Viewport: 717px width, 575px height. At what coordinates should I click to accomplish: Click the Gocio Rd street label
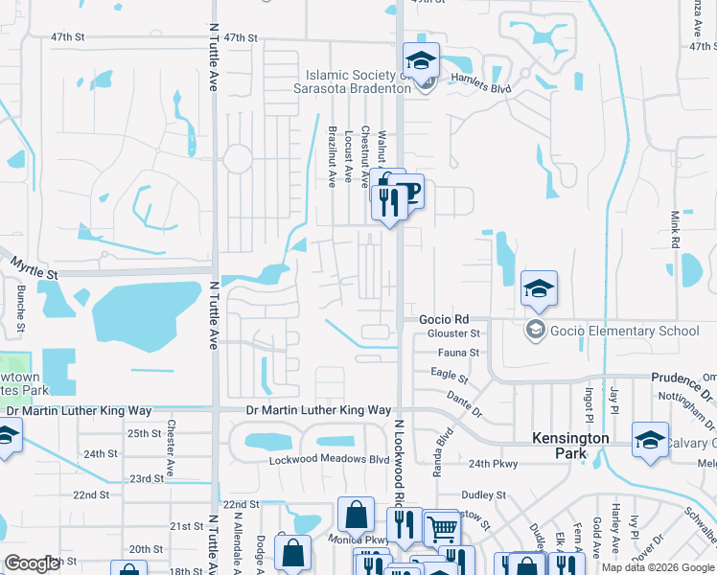[x=444, y=319]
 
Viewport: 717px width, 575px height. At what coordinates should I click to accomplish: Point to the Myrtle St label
[x=35, y=268]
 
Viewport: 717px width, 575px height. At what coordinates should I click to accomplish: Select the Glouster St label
[x=454, y=333]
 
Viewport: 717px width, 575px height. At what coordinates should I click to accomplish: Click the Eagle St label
[x=449, y=374]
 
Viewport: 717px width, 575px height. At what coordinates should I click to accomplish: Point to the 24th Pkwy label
[x=494, y=464]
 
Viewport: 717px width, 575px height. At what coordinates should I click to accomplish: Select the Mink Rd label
[x=675, y=230]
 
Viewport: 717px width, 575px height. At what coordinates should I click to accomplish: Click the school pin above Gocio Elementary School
[x=539, y=287]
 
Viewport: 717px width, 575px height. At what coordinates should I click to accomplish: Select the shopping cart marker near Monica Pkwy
[x=441, y=528]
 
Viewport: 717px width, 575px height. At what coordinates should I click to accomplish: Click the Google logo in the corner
[x=33, y=563]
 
